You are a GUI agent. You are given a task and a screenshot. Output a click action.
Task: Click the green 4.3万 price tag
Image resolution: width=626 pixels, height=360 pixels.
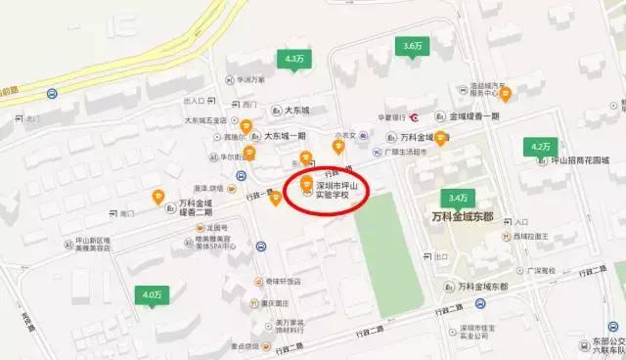[x=292, y=60]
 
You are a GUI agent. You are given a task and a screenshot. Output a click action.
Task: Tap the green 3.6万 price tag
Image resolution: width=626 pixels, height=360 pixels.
[x=412, y=46]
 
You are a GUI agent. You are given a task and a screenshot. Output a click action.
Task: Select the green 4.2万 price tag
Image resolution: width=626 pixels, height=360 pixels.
[x=539, y=146]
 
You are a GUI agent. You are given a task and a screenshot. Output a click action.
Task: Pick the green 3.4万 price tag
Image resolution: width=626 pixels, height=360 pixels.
[x=453, y=197]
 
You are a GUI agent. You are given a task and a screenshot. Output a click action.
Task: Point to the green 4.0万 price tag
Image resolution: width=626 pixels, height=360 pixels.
[x=151, y=293]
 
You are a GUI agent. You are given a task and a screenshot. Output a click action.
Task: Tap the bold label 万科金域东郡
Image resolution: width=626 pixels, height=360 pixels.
[x=471, y=215]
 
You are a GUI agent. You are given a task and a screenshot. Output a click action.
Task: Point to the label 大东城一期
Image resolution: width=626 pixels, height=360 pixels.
[x=284, y=136]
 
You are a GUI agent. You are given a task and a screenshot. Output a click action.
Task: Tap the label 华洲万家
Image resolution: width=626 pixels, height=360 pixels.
[x=250, y=79]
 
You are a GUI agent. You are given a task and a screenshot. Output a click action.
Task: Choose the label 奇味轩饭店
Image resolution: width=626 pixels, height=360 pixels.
[x=282, y=281]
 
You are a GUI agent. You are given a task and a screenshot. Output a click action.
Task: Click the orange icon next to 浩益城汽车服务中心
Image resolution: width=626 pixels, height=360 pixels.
[x=506, y=94]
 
